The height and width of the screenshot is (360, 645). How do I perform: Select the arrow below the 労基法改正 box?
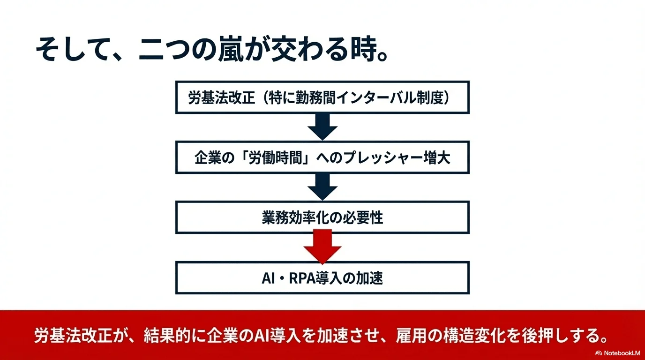point(322,127)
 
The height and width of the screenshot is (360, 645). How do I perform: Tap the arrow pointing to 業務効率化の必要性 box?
point(322,187)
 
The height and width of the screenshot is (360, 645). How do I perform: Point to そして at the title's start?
point(73,49)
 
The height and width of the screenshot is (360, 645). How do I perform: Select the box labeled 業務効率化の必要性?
point(322,217)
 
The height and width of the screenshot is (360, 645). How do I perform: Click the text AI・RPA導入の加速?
point(322,278)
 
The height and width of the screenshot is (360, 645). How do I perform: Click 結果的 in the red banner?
point(167,336)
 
